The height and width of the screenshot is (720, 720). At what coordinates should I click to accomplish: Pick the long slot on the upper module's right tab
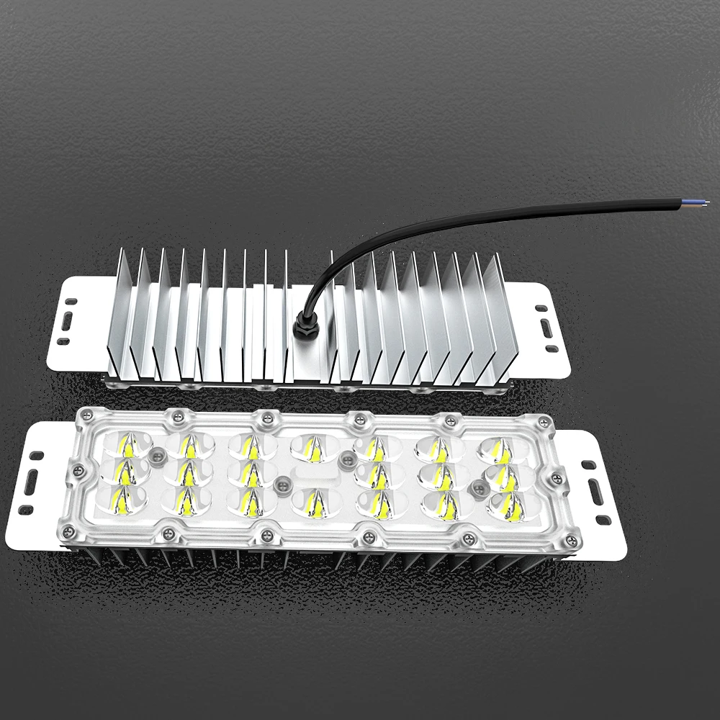click(546, 328)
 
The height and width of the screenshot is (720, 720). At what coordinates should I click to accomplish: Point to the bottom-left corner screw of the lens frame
click(69, 531)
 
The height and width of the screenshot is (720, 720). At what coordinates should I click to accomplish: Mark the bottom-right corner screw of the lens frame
click(572, 536)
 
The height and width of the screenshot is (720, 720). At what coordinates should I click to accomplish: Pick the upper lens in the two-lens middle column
click(310, 448)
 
